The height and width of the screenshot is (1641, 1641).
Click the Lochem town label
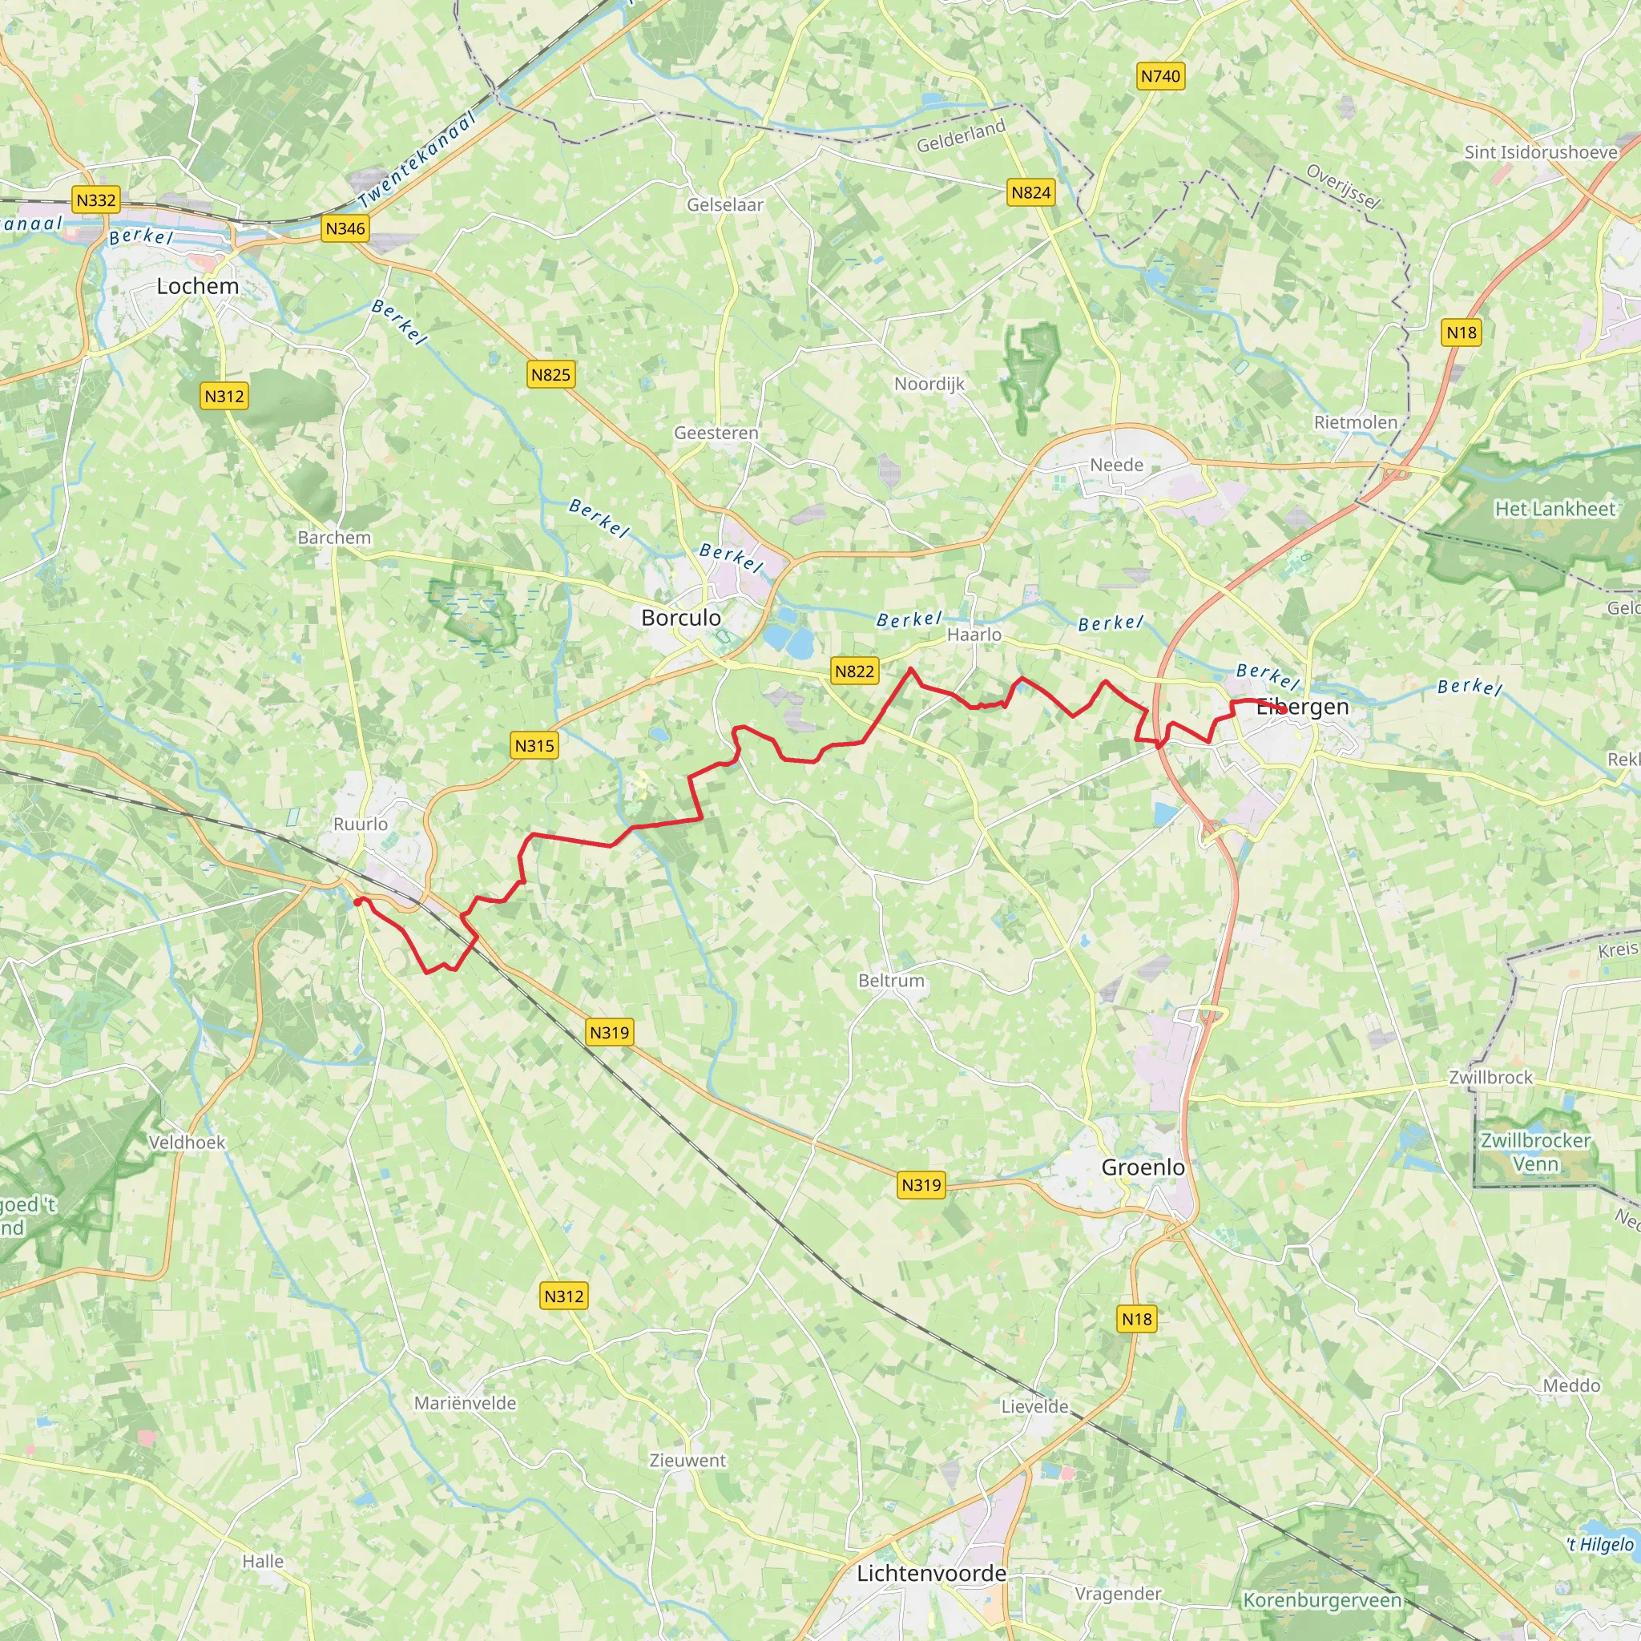197,286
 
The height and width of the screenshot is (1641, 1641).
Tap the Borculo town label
680,618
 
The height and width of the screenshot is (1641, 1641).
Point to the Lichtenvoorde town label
931,1573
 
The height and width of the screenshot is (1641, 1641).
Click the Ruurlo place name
360,824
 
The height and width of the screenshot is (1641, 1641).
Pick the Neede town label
1116,465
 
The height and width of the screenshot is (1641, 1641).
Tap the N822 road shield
853,671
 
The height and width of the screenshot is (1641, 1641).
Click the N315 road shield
534,746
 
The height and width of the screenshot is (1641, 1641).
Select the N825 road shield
550,374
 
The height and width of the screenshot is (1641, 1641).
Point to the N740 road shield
1160,76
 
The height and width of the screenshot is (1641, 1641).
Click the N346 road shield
345,228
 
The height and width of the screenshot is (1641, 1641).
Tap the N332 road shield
95,200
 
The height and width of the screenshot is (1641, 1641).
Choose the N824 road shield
1030,193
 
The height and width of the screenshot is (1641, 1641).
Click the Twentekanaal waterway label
416,160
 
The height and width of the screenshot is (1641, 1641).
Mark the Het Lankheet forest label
1554,509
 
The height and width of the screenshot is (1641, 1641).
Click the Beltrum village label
891,980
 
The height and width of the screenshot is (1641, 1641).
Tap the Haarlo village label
974,635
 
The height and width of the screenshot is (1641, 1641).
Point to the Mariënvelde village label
465,1403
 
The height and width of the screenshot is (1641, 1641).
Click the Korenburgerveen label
1321,1600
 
